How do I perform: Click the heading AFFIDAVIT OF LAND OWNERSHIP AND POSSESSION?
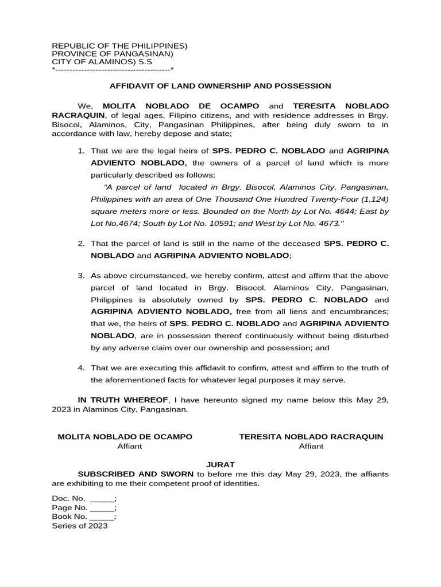(220, 86)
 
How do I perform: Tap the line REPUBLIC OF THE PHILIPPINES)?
(119, 45)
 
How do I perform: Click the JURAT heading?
(220, 464)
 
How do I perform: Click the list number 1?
(81, 151)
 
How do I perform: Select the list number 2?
(81, 244)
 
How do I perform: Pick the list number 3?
(81, 276)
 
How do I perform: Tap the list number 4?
(81, 368)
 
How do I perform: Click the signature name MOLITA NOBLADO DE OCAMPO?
(125, 437)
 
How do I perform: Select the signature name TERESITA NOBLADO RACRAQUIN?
(311, 437)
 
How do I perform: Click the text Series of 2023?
(79, 526)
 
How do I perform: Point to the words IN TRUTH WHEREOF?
(123, 400)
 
